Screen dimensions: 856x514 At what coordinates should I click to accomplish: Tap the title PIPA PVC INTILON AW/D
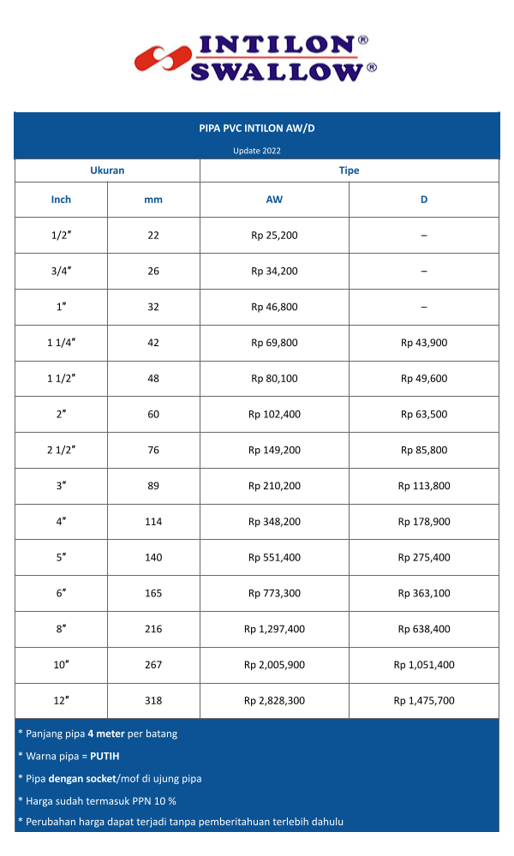pyautogui.click(x=257, y=129)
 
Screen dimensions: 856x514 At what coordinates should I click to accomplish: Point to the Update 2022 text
pyautogui.click(x=257, y=151)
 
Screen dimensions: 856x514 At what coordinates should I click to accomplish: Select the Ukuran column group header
pyautogui.click(x=107, y=171)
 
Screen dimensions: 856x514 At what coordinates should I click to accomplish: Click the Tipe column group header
pyautogui.click(x=349, y=171)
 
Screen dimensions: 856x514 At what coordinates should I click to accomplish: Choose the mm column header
pyautogui.click(x=153, y=200)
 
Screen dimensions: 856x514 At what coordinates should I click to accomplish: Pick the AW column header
pyautogui.click(x=274, y=200)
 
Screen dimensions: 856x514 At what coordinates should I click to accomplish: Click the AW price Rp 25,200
pyautogui.click(x=274, y=235)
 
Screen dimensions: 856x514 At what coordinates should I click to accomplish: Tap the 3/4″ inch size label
pyautogui.click(x=61, y=271)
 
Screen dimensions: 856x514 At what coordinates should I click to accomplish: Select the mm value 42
pyautogui.click(x=153, y=343)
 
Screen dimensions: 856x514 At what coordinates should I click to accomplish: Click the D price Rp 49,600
pyautogui.click(x=424, y=379)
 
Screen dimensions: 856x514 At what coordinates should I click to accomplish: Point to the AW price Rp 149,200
pyautogui.click(x=274, y=450)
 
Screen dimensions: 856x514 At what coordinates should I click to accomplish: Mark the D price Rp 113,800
pyautogui.click(x=424, y=486)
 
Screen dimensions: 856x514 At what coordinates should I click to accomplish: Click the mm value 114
pyautogui.click(x=153, y=522)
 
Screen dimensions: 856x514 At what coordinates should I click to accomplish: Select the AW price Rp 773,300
pyautogui.click(x=274, y=593)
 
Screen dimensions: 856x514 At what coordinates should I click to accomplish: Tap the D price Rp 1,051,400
pyautogui.click(x=424, y=665)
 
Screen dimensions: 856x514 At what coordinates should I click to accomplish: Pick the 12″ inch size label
pyautogui.click(x=61, y=701)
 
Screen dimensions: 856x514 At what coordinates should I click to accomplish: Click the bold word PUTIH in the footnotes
pyautogui.click(x=105, y=757)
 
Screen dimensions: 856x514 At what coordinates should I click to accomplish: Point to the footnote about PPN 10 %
pyautogui.click(x=97, y=800)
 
